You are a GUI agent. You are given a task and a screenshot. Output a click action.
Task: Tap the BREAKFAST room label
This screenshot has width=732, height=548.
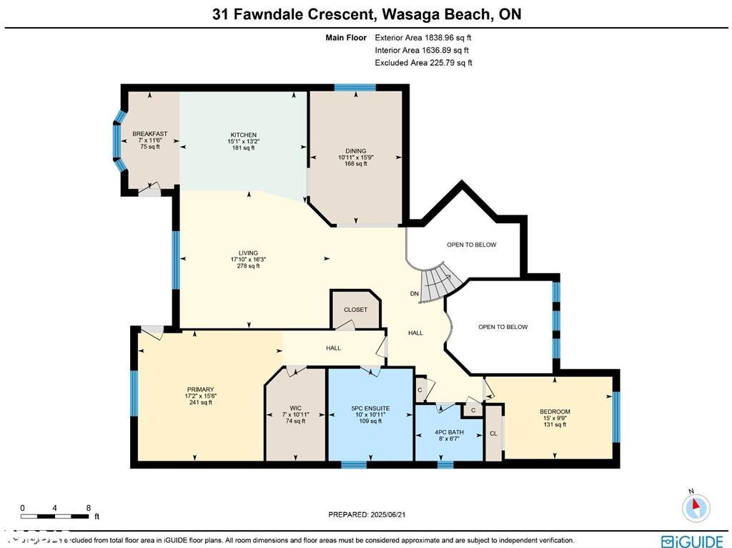coord(149,134)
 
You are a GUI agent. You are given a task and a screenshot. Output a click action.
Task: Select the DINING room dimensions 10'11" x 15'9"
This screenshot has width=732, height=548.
coord(355,157)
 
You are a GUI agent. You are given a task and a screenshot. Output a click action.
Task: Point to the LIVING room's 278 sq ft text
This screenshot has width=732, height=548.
coord(248,266)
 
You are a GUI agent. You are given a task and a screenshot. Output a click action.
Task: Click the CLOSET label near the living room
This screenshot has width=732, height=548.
coord(355,310)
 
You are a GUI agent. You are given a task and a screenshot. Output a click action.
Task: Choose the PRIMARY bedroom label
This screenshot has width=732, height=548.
coord(199,390)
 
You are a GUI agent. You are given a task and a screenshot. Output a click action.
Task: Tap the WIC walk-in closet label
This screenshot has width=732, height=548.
coord(295,408)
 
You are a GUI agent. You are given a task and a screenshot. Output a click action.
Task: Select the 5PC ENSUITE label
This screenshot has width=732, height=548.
coord(370,408)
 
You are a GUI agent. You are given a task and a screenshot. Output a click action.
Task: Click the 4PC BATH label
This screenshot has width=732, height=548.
coord(440,432)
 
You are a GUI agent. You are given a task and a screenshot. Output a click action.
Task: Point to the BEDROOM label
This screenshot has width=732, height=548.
coord(555,411)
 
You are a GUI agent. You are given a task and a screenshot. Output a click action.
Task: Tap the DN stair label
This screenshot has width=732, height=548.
coord(414,294)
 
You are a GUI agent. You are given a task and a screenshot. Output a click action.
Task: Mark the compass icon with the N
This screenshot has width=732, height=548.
coord(695,507)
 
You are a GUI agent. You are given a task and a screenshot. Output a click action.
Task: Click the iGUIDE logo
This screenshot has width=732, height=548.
coord(691,541)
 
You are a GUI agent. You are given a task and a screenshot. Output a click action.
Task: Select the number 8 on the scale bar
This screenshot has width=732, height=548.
coord(88,507)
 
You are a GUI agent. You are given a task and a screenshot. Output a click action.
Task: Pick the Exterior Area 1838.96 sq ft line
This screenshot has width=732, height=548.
coord(423,37)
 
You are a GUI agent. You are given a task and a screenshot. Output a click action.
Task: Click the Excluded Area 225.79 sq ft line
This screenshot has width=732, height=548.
coord(423,63)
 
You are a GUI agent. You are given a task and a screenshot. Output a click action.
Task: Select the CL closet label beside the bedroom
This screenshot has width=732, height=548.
coord(493,434)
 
